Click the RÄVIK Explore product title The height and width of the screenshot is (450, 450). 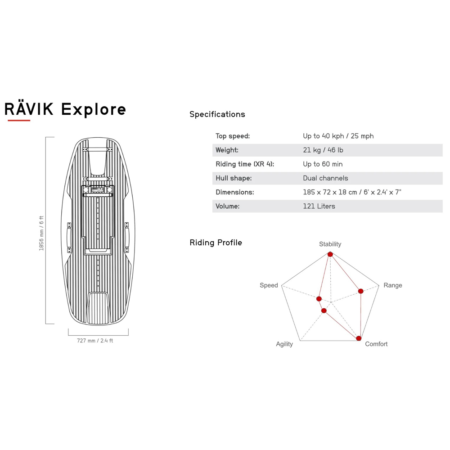point(65,109)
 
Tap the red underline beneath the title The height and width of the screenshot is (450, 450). point(19,121)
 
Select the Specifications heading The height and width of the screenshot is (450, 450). point(217,114)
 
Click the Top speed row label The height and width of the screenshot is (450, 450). point(233,136)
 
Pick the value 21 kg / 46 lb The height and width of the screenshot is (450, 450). point(323,150)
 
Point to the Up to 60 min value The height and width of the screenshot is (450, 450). point(323,164)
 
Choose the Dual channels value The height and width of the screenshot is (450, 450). point(325,178)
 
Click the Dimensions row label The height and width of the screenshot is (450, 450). point(235,192)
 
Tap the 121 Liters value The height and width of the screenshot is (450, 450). point(319,206)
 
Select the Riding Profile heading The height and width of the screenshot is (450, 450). point(216,243)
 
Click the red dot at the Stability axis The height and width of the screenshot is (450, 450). point(330,254)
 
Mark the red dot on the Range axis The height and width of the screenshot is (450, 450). point(360,291)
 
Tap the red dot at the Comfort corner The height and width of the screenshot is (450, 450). point(359,338)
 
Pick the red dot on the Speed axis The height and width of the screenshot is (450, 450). point(319,299)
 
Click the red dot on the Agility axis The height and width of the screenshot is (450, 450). point(324,310)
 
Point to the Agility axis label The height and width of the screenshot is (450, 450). point(284,344)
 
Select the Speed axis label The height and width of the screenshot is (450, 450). point(269,285)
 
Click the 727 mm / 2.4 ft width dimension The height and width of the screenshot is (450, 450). point(95,341)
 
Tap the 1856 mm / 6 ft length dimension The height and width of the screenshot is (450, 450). point(41,233)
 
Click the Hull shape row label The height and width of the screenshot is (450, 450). point(234,178)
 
